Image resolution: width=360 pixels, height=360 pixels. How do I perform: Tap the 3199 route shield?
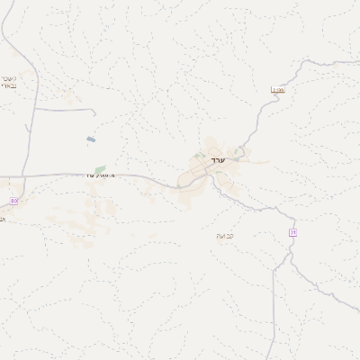(x=278, y=90)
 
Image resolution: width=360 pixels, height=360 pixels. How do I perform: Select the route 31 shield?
(x=292, y=232)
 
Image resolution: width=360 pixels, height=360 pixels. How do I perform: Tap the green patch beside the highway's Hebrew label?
(x=100, y=168)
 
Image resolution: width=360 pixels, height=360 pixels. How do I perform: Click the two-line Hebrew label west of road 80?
(x=8, y=82)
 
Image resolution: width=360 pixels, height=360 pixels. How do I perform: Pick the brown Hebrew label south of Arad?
(x=224, y=236)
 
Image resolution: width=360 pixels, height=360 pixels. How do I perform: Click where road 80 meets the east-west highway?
(x=34, y=175)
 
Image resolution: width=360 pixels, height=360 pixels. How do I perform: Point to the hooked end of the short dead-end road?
(x=94, y=113)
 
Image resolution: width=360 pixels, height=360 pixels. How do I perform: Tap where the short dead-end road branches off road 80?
(x=35, y=108)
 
